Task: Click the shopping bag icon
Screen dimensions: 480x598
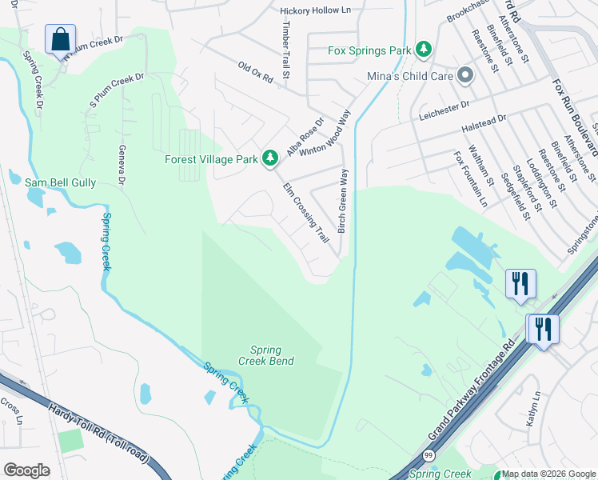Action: pyautogui.click(x=60, y=38)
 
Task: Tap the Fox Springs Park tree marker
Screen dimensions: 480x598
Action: pyautogui.click(x=424, y=50)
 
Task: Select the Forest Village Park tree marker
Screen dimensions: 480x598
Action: pyautogui.click(x=271, y=158)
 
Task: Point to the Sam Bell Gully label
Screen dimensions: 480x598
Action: pyautogui.click(x=60, y=183)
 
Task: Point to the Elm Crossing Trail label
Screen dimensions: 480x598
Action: pyautogui.click(x=306, y=213)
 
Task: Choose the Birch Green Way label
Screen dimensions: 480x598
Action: pyautogui.click(x=343, y=201)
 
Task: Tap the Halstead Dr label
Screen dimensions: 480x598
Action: pyautogui.click(x=484, y=123)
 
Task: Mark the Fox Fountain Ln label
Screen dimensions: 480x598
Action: pyautogui.click(x=471, y=179)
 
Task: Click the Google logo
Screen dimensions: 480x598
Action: pyautogui.click(x=27, y=470)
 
